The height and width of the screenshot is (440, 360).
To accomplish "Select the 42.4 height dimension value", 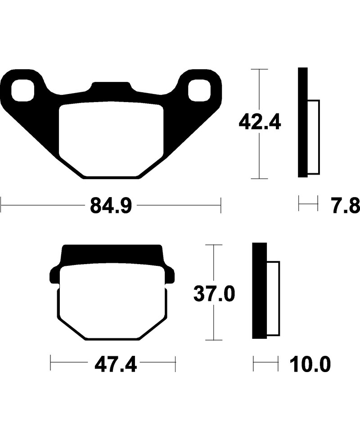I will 260,122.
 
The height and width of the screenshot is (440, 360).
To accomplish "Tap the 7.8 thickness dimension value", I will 346,207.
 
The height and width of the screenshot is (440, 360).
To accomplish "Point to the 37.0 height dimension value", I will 214,294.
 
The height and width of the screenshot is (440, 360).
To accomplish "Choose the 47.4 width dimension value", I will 115,364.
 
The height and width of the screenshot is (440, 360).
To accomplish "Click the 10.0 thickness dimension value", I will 310,364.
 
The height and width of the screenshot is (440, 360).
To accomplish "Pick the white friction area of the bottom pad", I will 112,301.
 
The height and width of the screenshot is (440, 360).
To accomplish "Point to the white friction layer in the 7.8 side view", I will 313,137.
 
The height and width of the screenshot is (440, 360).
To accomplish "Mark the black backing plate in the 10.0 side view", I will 259,290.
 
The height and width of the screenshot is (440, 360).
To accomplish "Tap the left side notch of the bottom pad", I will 54,276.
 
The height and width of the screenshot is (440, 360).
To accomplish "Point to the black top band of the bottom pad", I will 112,255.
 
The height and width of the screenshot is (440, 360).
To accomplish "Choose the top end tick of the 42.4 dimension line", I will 259,69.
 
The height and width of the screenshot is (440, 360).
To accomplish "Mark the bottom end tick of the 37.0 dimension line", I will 214,340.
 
